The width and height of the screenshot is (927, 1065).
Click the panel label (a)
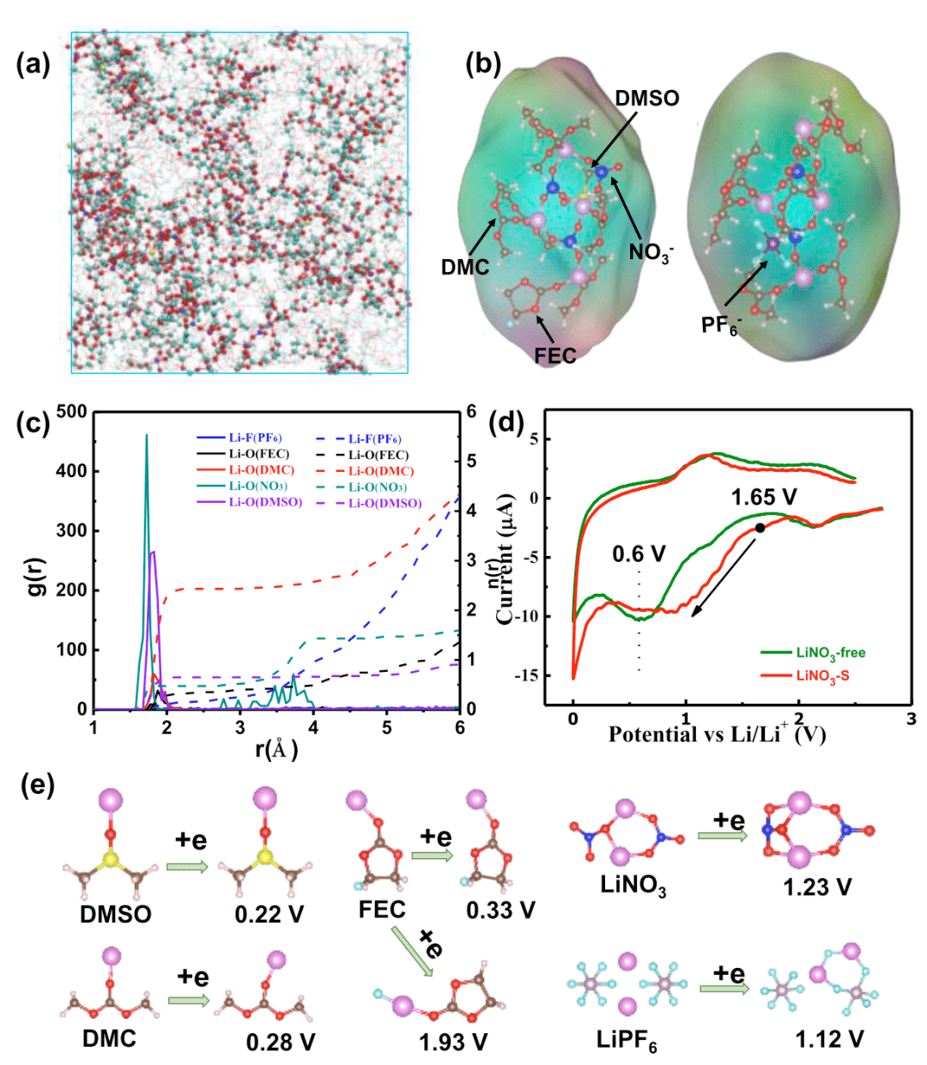coord(34,64)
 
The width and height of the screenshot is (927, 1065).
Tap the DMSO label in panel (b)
coord(647,98)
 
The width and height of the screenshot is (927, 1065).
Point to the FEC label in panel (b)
coord(555,354)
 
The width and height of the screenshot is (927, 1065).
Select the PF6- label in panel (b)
coord(720,325)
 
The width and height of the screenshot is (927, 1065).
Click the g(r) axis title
coord(38,563)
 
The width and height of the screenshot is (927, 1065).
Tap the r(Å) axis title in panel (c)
coord(276,749)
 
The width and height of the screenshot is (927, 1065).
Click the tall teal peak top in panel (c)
coord(146,435)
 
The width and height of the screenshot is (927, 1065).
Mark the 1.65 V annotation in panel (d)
coord(764,497)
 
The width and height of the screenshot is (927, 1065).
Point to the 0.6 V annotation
coord(639,554)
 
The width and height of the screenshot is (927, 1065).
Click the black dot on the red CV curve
coord(760,528)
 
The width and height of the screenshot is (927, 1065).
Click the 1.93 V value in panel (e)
coord(453,1042)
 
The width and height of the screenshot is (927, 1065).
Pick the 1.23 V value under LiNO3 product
coord(817,887)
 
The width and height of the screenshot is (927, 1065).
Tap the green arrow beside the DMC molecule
coord(188,1000)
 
